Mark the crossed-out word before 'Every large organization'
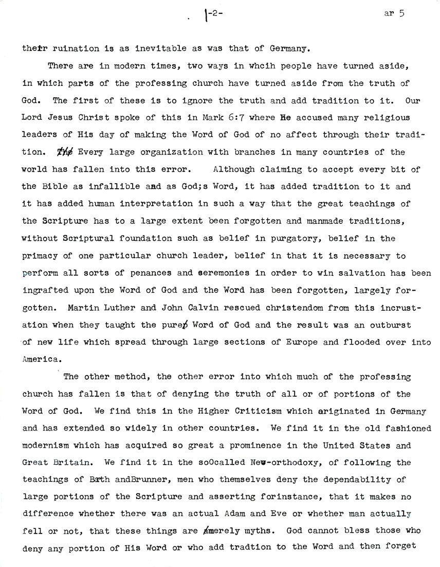pyautogui.click(x=65, y=152)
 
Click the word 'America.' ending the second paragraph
pyautogui.click(x=39, y=359)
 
